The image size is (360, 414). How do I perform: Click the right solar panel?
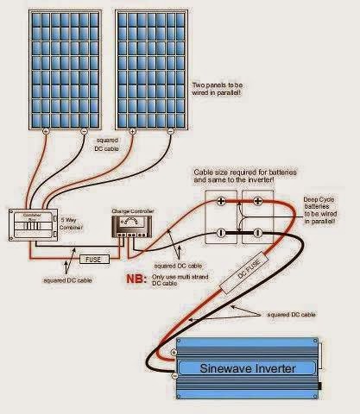tap(148, 67)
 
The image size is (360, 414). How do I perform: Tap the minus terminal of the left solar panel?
tap(85, 131)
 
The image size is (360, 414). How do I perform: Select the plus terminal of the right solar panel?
tap(132, 131)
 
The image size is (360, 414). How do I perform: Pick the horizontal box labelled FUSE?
tap(93, 258)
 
